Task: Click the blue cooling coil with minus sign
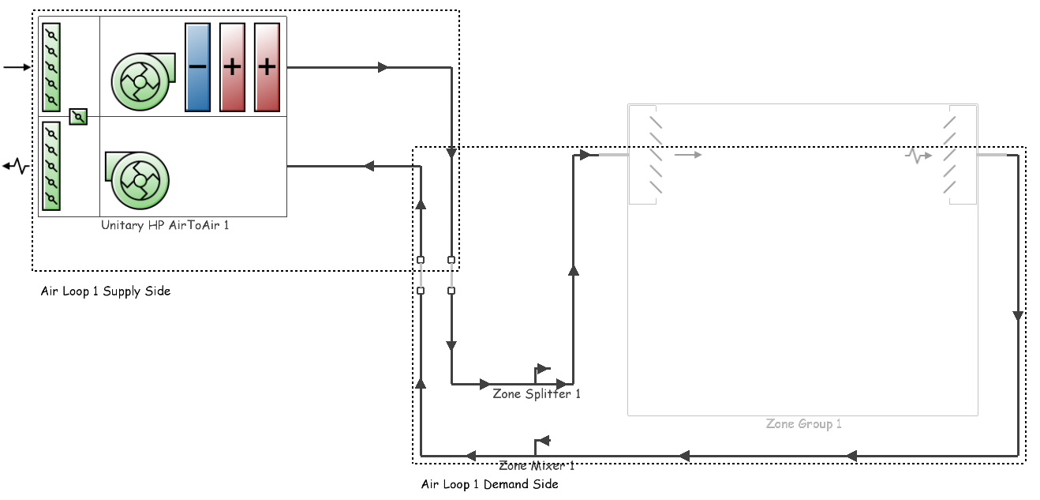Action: (197, 67)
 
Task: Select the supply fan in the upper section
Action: (143, 81)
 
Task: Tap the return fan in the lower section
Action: (137, 180)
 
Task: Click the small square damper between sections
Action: (78, 117)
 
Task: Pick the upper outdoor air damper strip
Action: (51, 67)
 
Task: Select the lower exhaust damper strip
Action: (51, 166)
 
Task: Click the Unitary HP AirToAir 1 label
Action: (165, 225)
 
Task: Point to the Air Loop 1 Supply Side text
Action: (106, 291)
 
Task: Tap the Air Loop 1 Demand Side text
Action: (489, 484)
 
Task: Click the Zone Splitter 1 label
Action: (537, 394)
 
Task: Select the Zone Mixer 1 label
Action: (537, 465)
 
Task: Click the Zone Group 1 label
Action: (803, 424)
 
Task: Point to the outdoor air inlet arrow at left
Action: (17, 67)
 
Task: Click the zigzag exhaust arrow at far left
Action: (16, 166)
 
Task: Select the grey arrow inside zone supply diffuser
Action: (687, 155)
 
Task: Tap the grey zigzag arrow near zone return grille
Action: (918, 156)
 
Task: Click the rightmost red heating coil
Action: (267, 67)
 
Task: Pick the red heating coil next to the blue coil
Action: (232, 67)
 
